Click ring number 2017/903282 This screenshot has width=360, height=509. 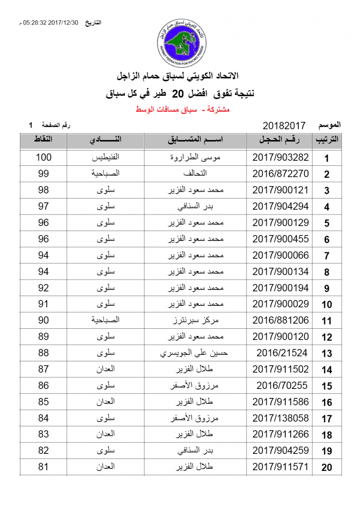click(281, 157)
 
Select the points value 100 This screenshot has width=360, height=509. click(43, 157)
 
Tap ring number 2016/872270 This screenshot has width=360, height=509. click(281, 174)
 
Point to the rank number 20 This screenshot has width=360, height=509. click(326, 468)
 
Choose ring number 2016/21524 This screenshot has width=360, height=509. click(282, 353)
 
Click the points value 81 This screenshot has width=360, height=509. click(43, 467)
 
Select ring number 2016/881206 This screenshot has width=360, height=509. click(281, 320)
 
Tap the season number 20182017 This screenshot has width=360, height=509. click(284, 126)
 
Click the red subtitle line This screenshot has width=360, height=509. click(183, 110)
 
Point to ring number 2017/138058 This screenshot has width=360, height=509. click(281, 418)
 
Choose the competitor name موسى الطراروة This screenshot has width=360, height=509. click(195, 157)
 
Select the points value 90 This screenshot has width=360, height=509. click(43, 320)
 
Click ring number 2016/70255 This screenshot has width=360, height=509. click(282, 386)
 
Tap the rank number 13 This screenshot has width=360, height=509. click(326, 354)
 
